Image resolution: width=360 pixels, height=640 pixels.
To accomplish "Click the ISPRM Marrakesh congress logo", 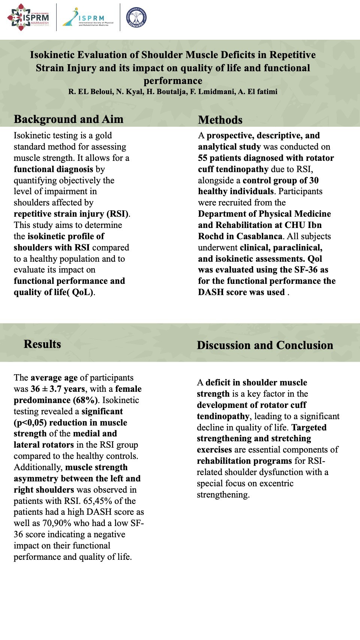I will pyautogui.click(x=28, y=17).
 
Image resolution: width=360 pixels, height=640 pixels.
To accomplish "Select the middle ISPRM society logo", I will pyautogui.click(x=88, y=17).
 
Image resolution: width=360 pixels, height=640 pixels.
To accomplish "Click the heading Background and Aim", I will pyautogui.click(x=69, y=119).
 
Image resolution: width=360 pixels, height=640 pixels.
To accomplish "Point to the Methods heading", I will pyautogui.click(x=220, y=120).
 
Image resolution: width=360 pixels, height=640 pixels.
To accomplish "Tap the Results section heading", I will pyautogui.click(x=42, y=344).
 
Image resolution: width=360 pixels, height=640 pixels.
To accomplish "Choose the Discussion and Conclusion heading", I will pyautogui.click(x=265, y=345).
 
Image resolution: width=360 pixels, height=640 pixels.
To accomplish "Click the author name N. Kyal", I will pyautogui.click(x=130, y=92).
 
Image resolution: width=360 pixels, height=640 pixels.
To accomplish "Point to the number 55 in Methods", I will pyautogui.click(x=202, y=158).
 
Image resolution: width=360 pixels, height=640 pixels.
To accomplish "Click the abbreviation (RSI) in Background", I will pyautogui.click(x=118, y=214).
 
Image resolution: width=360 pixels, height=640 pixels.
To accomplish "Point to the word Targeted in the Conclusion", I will pyautogui.click(x=309, y=427).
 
